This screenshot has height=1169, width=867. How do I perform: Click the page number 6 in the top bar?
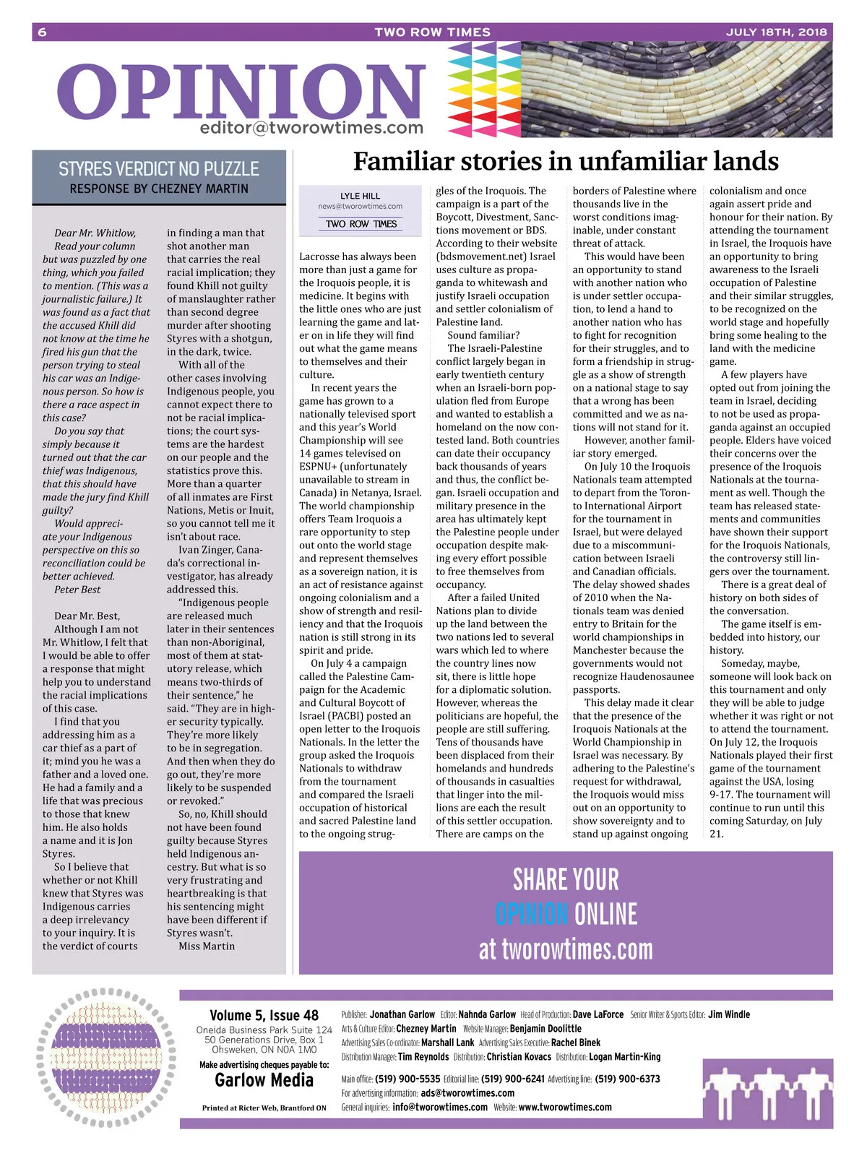(x=42, y=32)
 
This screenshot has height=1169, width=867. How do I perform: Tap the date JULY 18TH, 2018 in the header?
(x=776, y=32)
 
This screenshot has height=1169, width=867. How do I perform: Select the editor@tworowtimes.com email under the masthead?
(x=311, y=128)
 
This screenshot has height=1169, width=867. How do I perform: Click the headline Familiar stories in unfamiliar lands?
(x=566, y=160)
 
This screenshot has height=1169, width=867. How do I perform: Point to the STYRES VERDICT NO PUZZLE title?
(x=159, y=169)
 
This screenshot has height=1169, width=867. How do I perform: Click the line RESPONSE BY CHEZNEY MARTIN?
(x=159, y=189)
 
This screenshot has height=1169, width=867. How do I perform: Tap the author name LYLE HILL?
(x=360, y=196)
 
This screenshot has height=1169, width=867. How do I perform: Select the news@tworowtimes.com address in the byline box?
(x=360, y=206)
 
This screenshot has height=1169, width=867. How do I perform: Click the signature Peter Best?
(x=77, y=590)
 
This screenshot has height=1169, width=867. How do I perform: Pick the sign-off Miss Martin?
(x=207, y=946)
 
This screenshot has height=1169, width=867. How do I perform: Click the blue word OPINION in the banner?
(x=531, y=914)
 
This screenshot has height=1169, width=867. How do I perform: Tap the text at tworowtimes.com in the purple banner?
(x=566, y=949)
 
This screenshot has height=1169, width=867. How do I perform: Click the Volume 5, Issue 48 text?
(x=264, y=1015)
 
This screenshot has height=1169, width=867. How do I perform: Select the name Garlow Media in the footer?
(x=264, y=1080)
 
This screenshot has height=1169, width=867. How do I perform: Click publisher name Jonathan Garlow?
(x=402, y=1014)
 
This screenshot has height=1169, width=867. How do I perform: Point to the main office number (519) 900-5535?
(x=407, y=1079)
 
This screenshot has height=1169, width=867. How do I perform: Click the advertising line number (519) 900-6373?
(x=627, y=1079)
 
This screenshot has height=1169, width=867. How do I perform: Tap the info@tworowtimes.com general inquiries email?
(x=440, y=1107)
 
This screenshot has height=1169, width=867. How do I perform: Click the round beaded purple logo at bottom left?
(x=107, y=1058)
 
